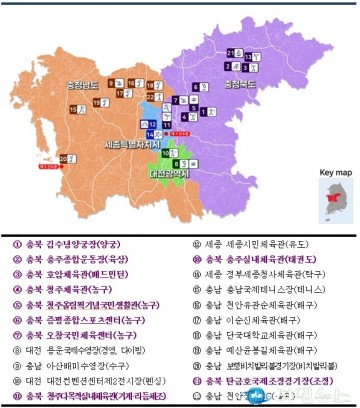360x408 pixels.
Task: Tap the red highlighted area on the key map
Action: (333, 203)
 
